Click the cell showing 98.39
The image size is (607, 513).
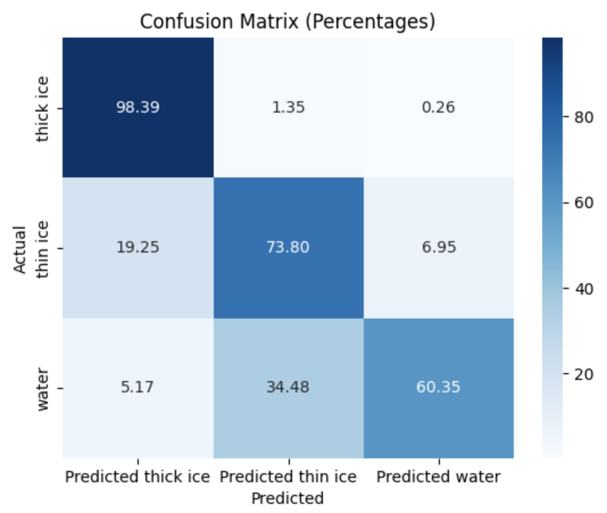coord(138,107)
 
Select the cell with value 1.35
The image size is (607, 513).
coord(289,107)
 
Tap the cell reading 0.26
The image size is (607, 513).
coord(439,107)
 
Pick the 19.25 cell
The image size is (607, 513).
coord(138,248)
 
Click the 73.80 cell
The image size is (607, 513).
coord(289,248)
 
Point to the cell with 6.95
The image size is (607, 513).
coord(439,248)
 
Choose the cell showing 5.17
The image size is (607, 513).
coord(138,388)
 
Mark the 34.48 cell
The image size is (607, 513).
coord(289,388)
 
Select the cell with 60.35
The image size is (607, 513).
coord(439,388)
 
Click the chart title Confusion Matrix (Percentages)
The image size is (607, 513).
coord(288,22)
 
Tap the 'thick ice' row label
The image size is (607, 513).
coord(43,108)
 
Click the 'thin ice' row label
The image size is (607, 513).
coord(43,249)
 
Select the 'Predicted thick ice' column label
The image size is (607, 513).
coord(138,476)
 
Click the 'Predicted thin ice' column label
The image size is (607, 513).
coord(289,476)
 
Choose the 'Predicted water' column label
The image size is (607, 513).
coord(439,476)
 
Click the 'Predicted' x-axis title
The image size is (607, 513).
coord(288,499)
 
